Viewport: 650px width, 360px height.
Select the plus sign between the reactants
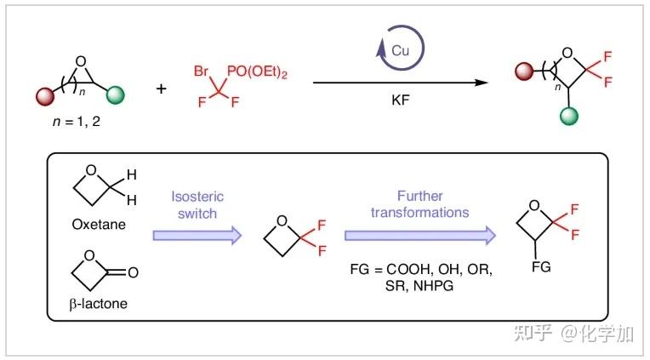(x=162, y=88)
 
